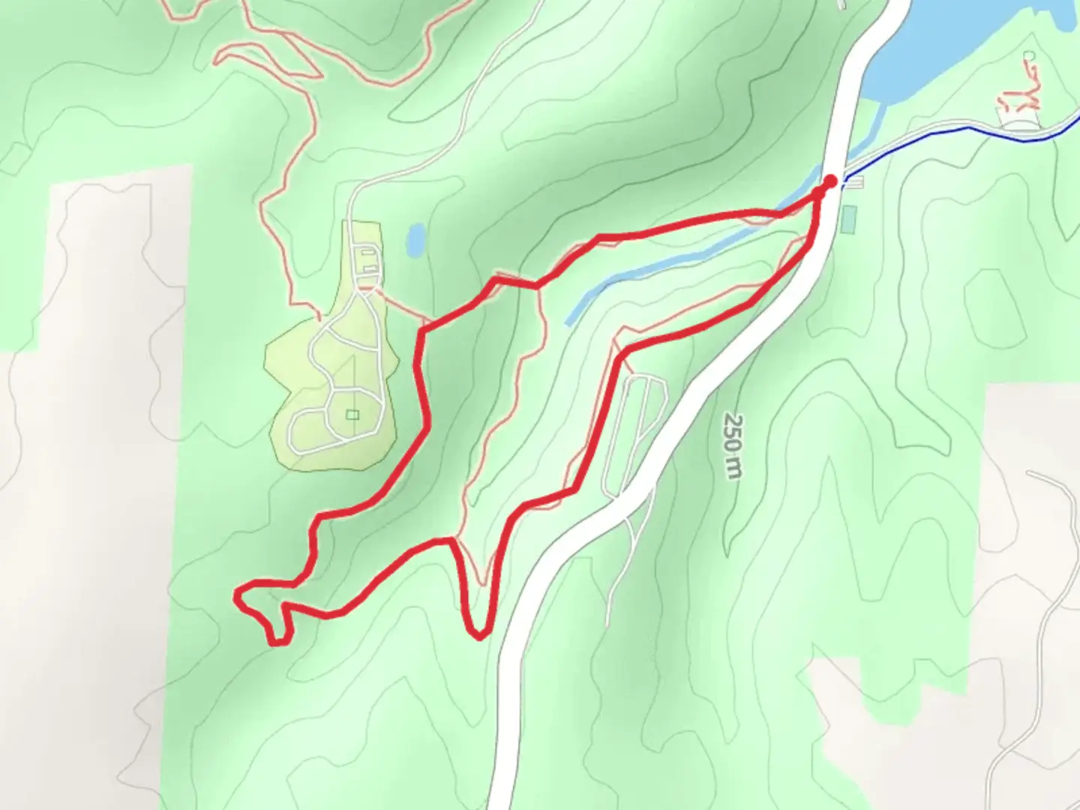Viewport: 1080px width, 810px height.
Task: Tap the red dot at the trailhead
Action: click(x=830, y=181)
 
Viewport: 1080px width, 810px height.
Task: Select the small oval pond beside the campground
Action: click(x=414, y=239)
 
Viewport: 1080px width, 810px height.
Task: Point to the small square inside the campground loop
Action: click(x=353, y=415)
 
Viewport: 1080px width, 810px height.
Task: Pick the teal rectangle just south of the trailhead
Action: click(x=848, y=218)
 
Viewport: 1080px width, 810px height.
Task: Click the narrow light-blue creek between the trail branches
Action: click(x=675, y=259)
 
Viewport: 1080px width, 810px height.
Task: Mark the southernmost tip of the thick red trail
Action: click(x=277, y=642)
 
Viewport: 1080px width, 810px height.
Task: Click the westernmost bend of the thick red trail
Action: click(x=238, y=597)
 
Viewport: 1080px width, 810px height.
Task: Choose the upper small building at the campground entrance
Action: click(x=368, y=256)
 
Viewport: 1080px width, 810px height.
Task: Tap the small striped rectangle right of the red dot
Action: click(x=856, y=181)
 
